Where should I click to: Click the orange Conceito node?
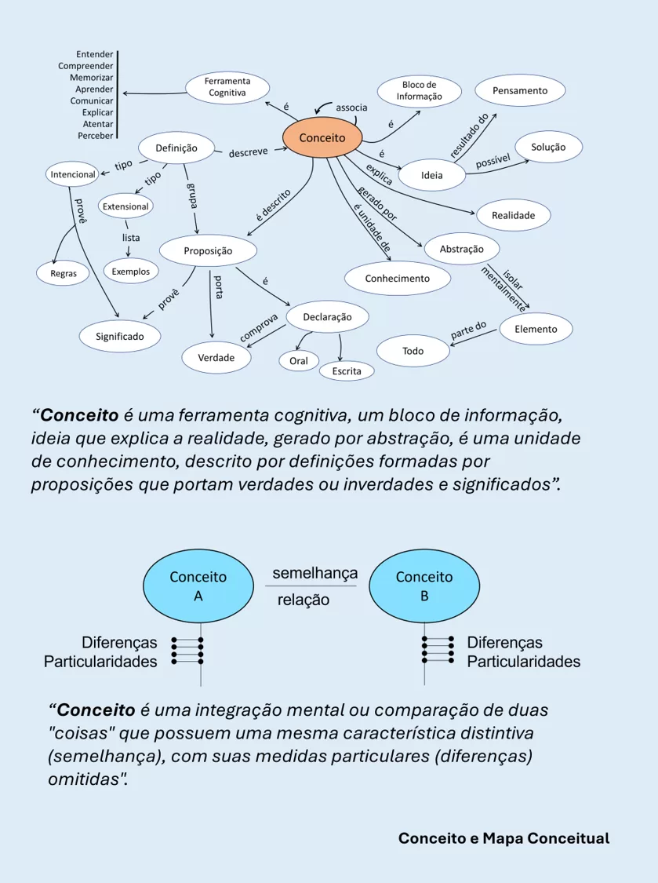tap(322, 137)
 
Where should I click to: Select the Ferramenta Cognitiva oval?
tap(227, 86)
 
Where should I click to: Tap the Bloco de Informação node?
tap(419, 91)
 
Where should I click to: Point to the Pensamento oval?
tap(519, 91)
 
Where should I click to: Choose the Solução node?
tap(548, 147)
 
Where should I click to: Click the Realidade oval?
tap(513, 215)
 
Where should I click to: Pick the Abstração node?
tap(461, 249)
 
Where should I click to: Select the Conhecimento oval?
tap(397, 278)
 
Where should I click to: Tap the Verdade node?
tap(216, 357)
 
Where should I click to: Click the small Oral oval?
tap(298, 361)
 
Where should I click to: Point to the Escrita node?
tap(346, 370)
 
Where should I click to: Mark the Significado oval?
tap(120, 336)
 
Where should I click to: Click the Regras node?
tap(64, 273)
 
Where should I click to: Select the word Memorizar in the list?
tap(91, 78)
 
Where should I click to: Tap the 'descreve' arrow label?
tap(249, 152)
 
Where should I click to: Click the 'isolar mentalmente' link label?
tap(503, 287)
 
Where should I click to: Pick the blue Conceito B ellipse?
tap(424, 586)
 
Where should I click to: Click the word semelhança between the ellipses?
tap(314, 574)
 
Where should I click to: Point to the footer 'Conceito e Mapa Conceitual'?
tap(503, 838)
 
